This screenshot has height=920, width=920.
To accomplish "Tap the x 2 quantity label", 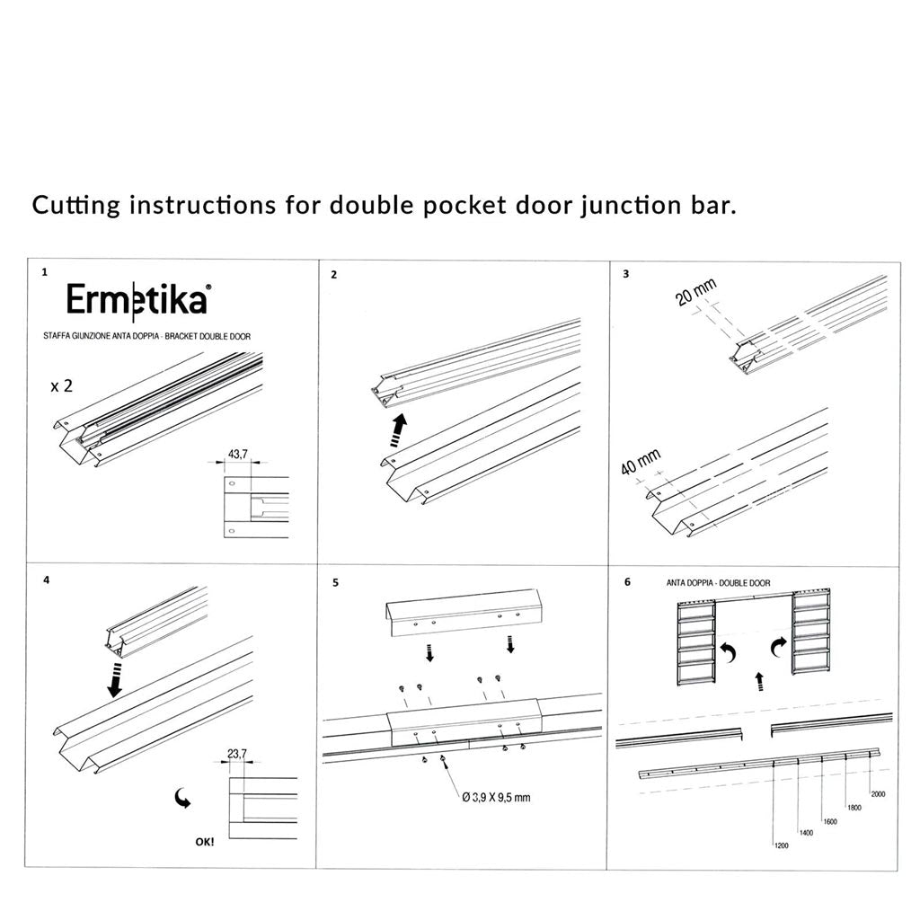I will click(x=61, y=386).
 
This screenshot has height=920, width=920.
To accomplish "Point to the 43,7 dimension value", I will click(x=237, y=455).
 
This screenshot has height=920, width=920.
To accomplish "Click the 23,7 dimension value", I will click(x=236, y=755).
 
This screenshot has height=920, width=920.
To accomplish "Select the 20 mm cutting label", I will click(x=697, y=294).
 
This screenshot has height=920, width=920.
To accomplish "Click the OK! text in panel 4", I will click(x=204, y=843).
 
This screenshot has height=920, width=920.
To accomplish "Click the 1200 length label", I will click(x=780, y=845).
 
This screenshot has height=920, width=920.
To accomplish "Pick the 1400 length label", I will click(x=806, y=833).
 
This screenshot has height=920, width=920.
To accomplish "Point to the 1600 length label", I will click(x=830, y=821).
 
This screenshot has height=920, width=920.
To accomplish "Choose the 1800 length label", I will click(x=854, y=808).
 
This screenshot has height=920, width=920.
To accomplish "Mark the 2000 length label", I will click(x=878, y=794).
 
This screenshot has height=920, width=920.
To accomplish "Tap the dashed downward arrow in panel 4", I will click(x=114, y=679).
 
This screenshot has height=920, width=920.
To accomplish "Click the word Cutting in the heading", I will click(x=77, y=206).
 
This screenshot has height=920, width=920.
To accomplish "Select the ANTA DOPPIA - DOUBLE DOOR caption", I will click(x=718, y=583).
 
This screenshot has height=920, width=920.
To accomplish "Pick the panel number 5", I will click(x=335, y=582).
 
